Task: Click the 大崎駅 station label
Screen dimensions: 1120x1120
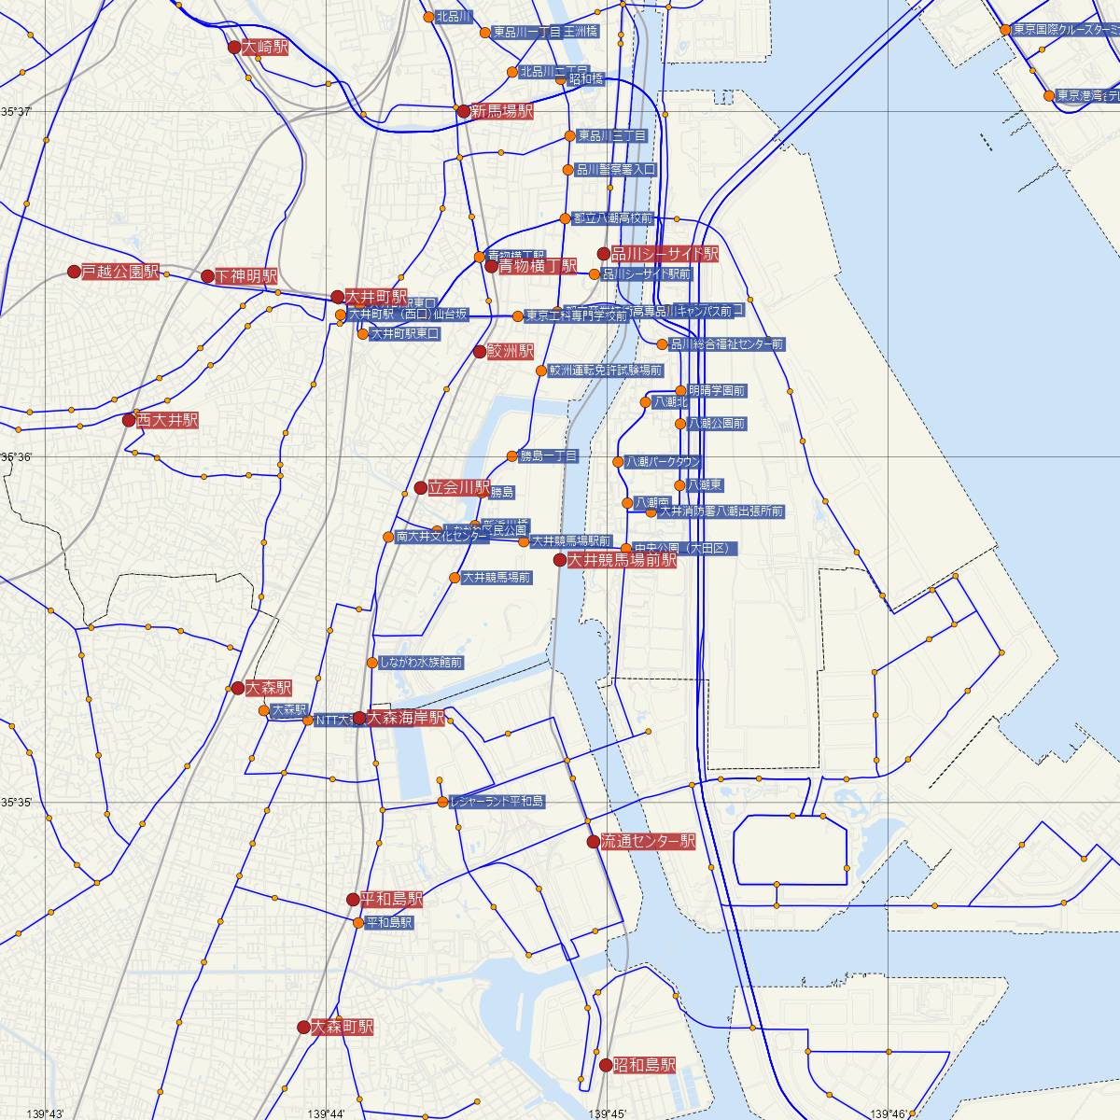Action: tap(265, 47)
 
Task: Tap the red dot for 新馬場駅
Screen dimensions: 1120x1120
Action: tap(463, 111)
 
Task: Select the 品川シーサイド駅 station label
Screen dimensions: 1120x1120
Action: tap(664, 254)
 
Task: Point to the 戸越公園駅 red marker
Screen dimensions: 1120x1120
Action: tap(74, 272)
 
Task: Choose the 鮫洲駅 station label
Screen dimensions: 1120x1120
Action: tap(511, 352)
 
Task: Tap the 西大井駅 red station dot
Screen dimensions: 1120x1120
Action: tap(129, 420)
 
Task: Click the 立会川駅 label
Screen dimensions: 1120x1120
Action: tap(459, 487)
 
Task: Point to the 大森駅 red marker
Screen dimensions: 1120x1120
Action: tap(238, 688)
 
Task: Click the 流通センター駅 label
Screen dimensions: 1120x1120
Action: tap(648, 841)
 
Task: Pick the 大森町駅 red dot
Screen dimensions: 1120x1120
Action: tap(303, 1027)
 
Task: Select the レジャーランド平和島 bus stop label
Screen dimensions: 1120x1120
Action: tap(497, 802)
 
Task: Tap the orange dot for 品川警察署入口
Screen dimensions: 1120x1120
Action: tap(567, 170)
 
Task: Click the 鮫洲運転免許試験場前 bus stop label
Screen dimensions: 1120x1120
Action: tap(605, 371)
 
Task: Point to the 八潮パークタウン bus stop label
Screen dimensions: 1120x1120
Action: tap(663, 462)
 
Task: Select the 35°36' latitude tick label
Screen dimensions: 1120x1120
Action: tap(16, 457)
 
